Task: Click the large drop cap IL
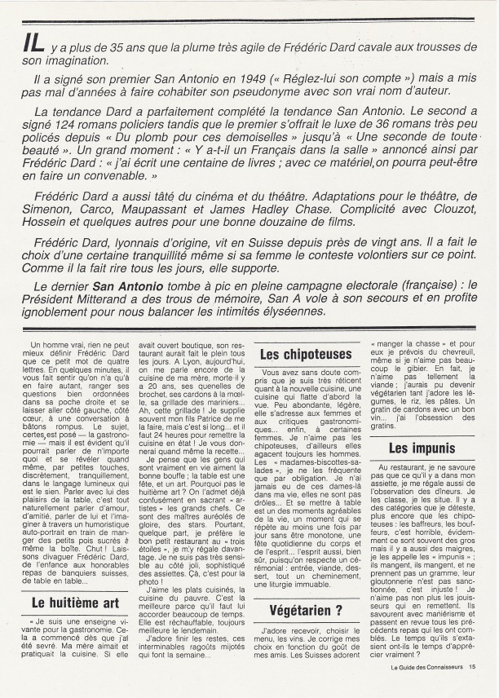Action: point(33,49)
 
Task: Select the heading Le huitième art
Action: point(75,603)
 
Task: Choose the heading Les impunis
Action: point(422,448)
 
